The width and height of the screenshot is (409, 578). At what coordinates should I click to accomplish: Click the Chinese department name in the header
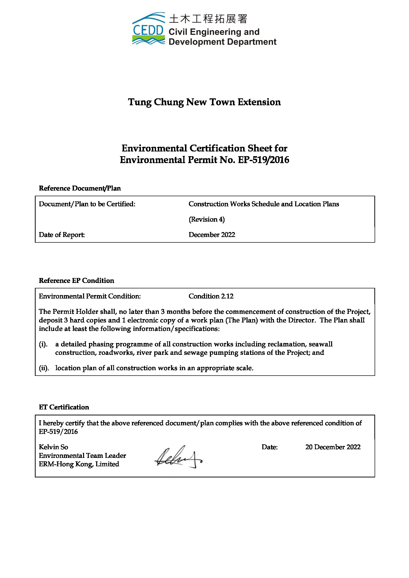(208, 19)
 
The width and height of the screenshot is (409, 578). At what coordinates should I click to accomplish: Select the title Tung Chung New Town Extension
(204, 102)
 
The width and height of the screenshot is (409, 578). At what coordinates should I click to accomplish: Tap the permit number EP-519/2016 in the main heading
(263, 160)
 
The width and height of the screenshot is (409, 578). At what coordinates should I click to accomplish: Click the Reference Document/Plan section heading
(80, 188)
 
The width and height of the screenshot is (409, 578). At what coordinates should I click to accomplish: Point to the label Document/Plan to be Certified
(87, 204)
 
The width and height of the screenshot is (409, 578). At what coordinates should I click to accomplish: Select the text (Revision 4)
(206, 219)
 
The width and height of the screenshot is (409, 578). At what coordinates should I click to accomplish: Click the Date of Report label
(62, 235)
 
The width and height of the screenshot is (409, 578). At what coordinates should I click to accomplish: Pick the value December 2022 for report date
(212, 235)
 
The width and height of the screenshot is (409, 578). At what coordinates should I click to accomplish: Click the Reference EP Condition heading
(76, 281)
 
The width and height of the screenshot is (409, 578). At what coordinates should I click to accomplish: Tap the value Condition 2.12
(211, 296)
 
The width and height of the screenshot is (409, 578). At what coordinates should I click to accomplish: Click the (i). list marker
(43, 344)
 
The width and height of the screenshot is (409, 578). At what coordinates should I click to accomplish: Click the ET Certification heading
(64, 407)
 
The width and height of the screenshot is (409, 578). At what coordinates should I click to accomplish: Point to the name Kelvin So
(53, 447)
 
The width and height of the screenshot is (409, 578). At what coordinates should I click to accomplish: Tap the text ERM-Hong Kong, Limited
(79, 464)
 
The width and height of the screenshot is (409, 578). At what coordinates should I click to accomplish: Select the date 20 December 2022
(333, 447)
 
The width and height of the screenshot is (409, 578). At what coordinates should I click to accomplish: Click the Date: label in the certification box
(270, 447)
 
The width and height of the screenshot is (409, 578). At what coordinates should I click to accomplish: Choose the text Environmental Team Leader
(82, 456)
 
